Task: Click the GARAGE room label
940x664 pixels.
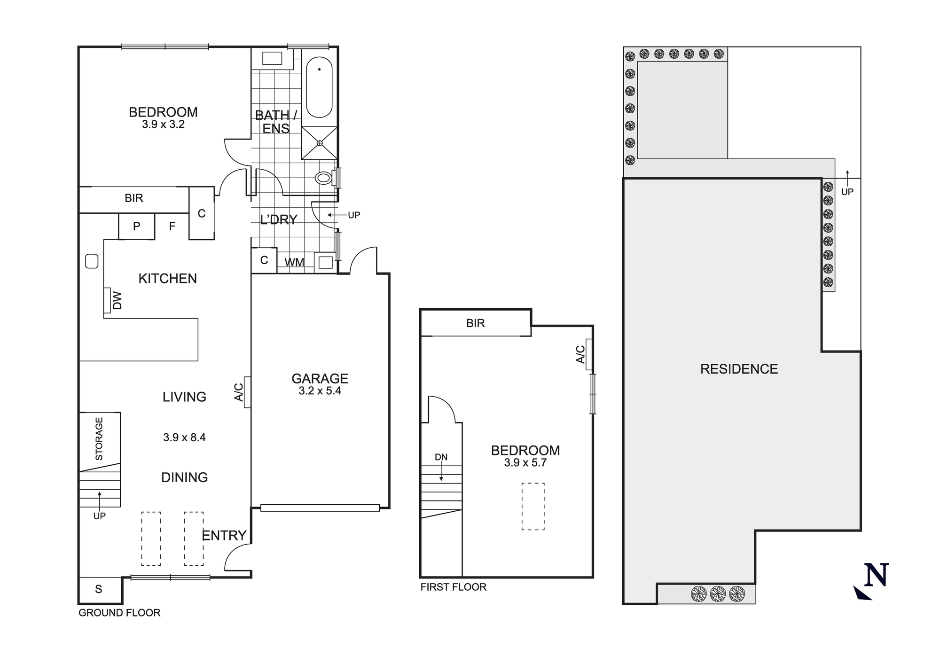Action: [320, 378]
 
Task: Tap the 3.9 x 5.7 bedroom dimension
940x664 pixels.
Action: [525, 463]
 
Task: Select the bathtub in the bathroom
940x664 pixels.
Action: [319, 87]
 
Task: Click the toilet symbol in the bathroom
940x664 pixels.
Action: [324, 178]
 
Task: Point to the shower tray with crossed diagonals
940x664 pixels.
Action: [319, 143]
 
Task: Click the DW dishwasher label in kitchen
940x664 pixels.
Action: [117, 300]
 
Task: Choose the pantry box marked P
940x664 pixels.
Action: [136, 227]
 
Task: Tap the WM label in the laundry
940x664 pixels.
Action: [294, 263]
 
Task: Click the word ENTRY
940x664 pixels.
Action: [224, 535]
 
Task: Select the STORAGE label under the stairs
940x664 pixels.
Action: [99, 438]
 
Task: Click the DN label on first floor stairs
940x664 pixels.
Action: [441, 457]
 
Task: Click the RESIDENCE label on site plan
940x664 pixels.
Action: [739, 369]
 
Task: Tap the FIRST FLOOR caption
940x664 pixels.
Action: [453, 587]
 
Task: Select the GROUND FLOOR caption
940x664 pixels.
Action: [119, 613]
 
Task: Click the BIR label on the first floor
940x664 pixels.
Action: [475, 323]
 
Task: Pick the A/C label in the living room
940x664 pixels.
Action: [239, 392]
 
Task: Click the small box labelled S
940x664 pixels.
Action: [99, 589]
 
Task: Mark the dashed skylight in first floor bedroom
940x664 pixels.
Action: [533, 507]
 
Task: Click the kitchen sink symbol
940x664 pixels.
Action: [92, 261]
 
